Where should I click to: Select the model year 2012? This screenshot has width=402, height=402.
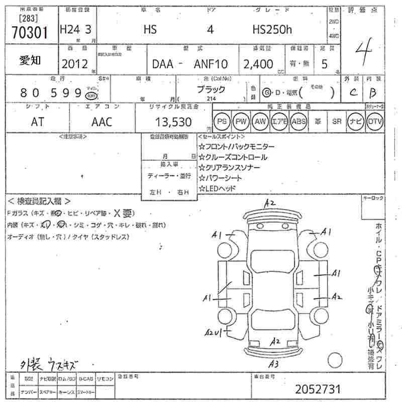tap(74, 64)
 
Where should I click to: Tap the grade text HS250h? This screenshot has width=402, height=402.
tap(271, 30)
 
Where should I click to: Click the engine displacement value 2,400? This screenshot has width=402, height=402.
tap(258, 64)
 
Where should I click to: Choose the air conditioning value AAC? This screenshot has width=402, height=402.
tap(102, 122)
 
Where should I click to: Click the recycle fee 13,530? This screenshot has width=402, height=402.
tap(174, 122)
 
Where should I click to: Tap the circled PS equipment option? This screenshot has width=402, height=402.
tap(222, 122)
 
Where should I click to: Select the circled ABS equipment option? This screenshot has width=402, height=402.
tap(298, 122)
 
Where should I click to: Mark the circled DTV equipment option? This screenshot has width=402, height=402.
tap(375, 122)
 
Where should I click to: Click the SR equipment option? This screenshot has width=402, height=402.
tap(337, 122)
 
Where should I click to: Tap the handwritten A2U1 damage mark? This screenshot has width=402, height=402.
tap(213, 332)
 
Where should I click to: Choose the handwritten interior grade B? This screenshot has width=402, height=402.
tap(372, 92)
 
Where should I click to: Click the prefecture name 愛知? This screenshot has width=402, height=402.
tap(31, 61)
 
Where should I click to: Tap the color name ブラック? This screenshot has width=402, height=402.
tap(211, 89)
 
